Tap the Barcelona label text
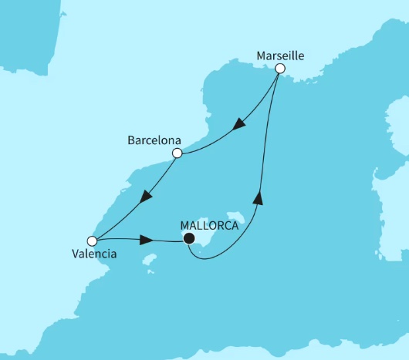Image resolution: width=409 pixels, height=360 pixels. coord(154,141)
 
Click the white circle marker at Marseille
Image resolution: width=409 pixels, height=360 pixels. coord(280,69)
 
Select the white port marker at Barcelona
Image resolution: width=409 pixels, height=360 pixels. coord(177,153)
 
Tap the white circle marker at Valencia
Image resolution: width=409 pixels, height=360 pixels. coord(92,241)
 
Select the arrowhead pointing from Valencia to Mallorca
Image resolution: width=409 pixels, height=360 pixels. coord(144,241)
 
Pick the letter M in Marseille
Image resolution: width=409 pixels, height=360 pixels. coord(259,56)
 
